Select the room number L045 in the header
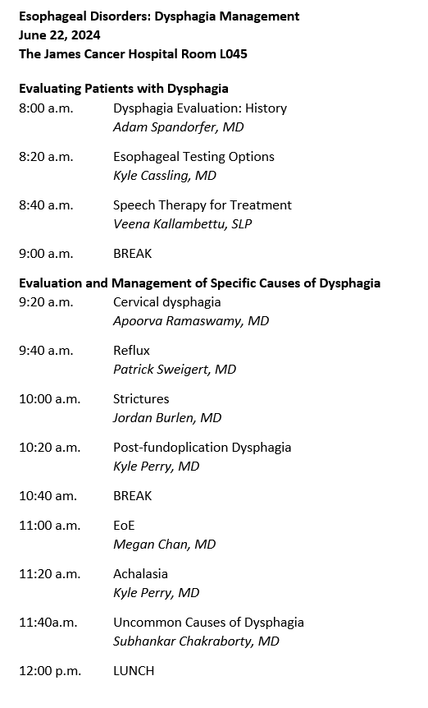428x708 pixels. tap(230, 53)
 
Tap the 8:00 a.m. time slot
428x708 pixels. tap(46, 108)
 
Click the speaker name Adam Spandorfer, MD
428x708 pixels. tap(178, 127)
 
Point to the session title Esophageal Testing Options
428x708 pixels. tap(194, 156)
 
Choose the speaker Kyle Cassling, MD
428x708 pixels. tap(164, 176)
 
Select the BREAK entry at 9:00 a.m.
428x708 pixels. tap(132, 253)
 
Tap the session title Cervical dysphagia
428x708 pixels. tap(166, 301)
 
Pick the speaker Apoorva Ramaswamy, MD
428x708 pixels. tap(191, 321)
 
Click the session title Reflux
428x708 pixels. tap(131, 350)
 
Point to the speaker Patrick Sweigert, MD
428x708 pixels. tap(175, 370)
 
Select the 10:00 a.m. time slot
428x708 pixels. tap(49, 398)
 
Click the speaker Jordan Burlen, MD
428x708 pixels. tap(167, 418)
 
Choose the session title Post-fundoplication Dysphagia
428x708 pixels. tap(202, 447)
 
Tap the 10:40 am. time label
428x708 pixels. tap(48, 495)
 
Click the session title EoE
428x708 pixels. tap(123, 525)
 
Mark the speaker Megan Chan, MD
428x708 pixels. tap(164, 545)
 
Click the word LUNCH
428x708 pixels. tap(133, 670)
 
